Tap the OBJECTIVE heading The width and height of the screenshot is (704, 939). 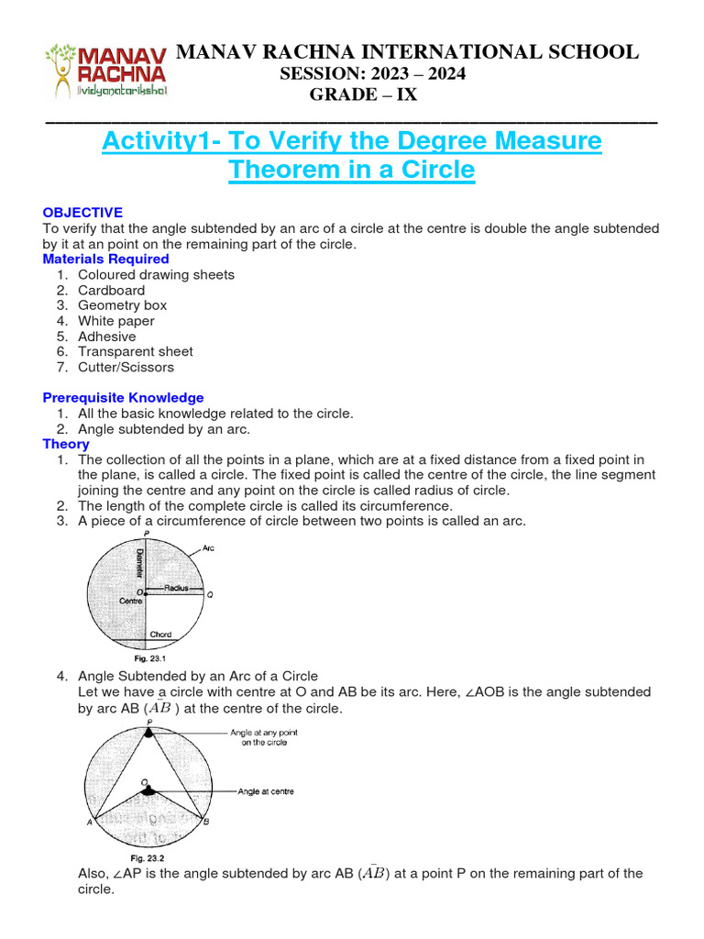tap(82, 213)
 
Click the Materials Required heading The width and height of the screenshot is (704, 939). tap(106, 260)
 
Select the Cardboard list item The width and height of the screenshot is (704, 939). tap(111, 290)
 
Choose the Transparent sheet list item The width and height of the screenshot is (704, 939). tap(135, 351)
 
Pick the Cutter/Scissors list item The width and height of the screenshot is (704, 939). tap(126, 367)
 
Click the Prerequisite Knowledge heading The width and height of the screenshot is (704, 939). tap(123, 398)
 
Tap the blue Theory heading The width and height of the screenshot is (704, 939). tap(66, 444)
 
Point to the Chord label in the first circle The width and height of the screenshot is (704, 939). tap(160, 635)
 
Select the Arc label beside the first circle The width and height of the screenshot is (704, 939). tap(208, 547)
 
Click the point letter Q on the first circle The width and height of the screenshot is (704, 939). tap(209, 594)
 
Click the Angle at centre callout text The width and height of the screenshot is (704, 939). tap(265, 791)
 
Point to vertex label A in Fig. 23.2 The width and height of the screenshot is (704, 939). tap(90, 823)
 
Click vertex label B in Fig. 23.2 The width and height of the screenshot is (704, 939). tap(206, 823)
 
